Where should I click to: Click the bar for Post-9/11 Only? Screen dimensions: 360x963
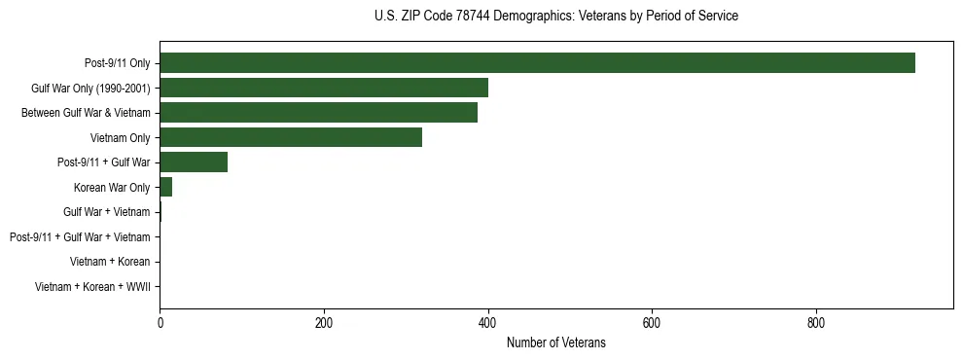pyautogui.click(x=537, y=63)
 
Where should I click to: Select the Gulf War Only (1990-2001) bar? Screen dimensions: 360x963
pyautogui.click(x=324, y=88)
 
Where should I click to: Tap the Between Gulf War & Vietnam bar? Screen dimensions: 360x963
pyautogui.click(x=318, y=113)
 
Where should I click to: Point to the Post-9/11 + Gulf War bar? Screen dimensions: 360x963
pyautogui.click(x=194, y=162)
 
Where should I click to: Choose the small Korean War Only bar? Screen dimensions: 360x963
pyautogui.click(x=165, y=187)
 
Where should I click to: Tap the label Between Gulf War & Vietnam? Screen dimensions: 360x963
pyautogui.click(x=86, y=113)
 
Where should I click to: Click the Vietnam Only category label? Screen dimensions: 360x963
pyautogui.click(x=120, y=138)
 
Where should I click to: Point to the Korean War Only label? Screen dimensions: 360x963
pyautogui.click(x=112, y=188)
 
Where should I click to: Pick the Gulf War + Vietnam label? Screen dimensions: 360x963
pyautogui.click(x=107, y=212)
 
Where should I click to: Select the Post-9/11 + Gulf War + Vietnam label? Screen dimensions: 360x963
pyautogui.click(x=80, y=237)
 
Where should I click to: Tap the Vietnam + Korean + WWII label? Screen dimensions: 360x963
pyautogui.click(x=92, y=287)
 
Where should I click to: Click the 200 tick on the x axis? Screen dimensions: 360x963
pyautogui.click(x=324, y=323)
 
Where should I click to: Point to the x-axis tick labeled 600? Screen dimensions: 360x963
pyautogui.click(x=652, y=323)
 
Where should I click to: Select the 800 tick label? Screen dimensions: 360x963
pyautogui.click(x=816, y=323)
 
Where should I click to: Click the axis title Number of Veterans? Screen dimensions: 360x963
pyautogui.click(x=556, y=342)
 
